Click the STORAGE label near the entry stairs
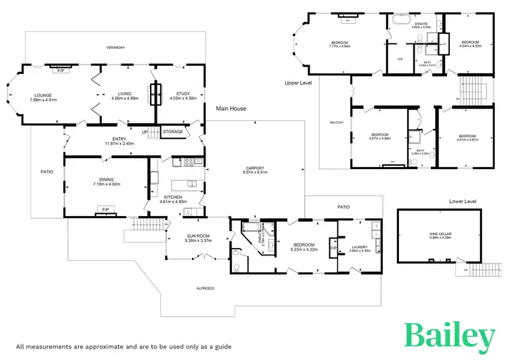(x=173, y=130)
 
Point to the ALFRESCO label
(x=205, y=289)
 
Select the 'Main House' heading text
(x=231, y=108)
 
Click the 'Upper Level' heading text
(x=298, y=82)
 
